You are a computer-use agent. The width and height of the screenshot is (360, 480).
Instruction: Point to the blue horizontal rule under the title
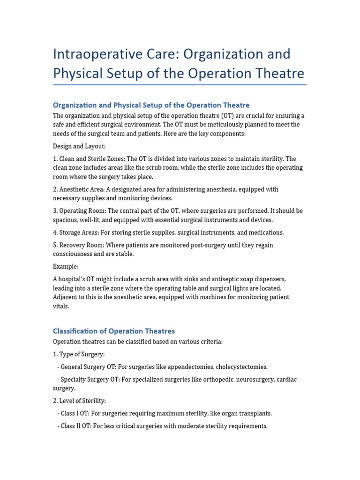[x=180, y=85]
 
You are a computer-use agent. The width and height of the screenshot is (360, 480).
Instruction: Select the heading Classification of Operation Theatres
[x=114, y=331]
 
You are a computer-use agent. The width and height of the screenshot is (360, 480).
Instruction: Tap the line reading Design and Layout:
[x=79, y=146]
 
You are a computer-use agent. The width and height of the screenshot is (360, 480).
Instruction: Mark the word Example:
[x=66, y=267]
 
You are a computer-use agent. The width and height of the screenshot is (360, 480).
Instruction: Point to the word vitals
[x=61, y=306]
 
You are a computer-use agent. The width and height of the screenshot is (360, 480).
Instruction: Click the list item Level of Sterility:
[x=79, y=401]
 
